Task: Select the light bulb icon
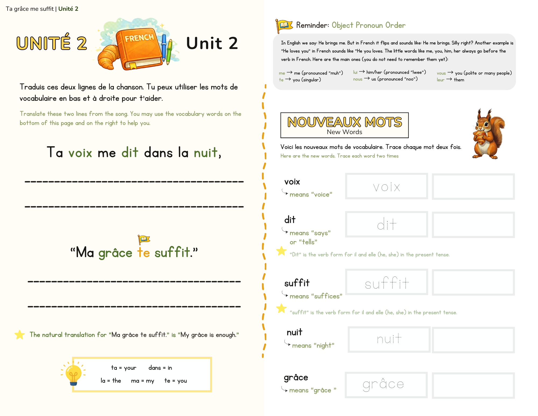(x=73, y=373)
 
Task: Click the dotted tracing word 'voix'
(x=387, y=187)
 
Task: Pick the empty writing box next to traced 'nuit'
(x=473, y=340)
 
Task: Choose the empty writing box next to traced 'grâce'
(x=473, y=385)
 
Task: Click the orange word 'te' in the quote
(x=143, y=253)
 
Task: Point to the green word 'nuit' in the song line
(x=206, y=153)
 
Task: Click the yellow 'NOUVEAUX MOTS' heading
(x=345, y=122)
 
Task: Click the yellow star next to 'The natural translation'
(x=20, y=335)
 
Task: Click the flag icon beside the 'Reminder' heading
(x=284, y=26)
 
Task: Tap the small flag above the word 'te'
(x=144, y=239)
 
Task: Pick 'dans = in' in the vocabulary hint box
(x=160, y=368)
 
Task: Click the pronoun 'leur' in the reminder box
(x=441, y=80)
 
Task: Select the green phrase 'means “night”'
(x=313, y=345)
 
